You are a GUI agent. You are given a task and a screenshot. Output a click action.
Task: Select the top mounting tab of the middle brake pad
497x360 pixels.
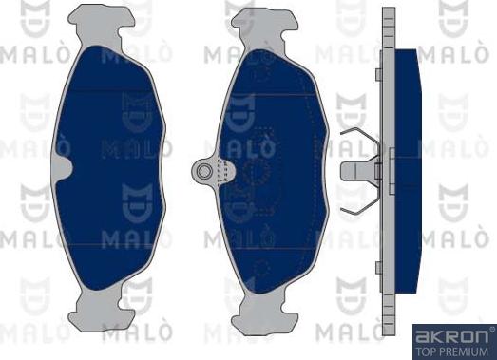tap(265, 27)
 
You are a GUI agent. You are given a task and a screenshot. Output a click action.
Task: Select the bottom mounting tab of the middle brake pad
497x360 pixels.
tap(265, 313)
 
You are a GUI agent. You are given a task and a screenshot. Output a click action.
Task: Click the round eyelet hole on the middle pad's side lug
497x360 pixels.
tap(203, 171)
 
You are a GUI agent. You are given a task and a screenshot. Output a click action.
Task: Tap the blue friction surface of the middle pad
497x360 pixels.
tap(273, 171)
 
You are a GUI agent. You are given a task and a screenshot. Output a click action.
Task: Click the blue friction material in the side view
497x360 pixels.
tap(409, 171)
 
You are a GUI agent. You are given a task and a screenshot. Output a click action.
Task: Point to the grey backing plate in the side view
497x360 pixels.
tap(389, 171)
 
